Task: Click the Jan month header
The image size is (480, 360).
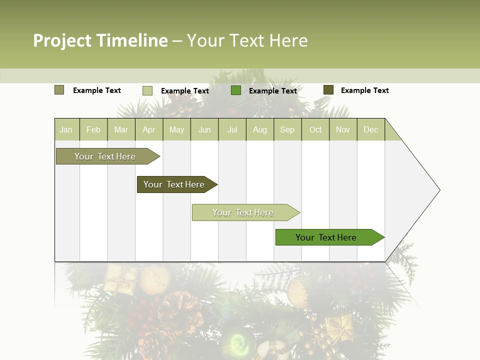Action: coord(66,129)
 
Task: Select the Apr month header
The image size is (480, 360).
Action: coord(149,129)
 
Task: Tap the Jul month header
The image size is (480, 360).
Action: coord(232,129)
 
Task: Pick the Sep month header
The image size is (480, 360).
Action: coord(287,129)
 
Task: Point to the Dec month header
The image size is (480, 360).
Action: coord(370,129)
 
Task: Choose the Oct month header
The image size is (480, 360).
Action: coord(315,129)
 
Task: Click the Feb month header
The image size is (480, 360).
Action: coord(93,129)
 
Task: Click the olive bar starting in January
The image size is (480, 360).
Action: coord(105,156)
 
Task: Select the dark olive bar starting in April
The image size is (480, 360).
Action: coord(174,184)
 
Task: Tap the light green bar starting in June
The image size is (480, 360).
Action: coord(243,212)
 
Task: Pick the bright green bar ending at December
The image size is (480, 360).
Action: coord(326,237)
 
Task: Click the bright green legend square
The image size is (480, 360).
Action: coord(236,90)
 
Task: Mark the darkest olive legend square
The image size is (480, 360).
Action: coord(328,90)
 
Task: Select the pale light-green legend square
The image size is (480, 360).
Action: coord(147,90)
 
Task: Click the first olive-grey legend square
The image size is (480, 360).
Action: coord(59,90)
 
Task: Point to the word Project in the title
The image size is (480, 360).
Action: coord(62,40)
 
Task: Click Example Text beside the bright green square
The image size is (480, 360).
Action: coord(273,91)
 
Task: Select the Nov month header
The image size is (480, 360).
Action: coord(343,129)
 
